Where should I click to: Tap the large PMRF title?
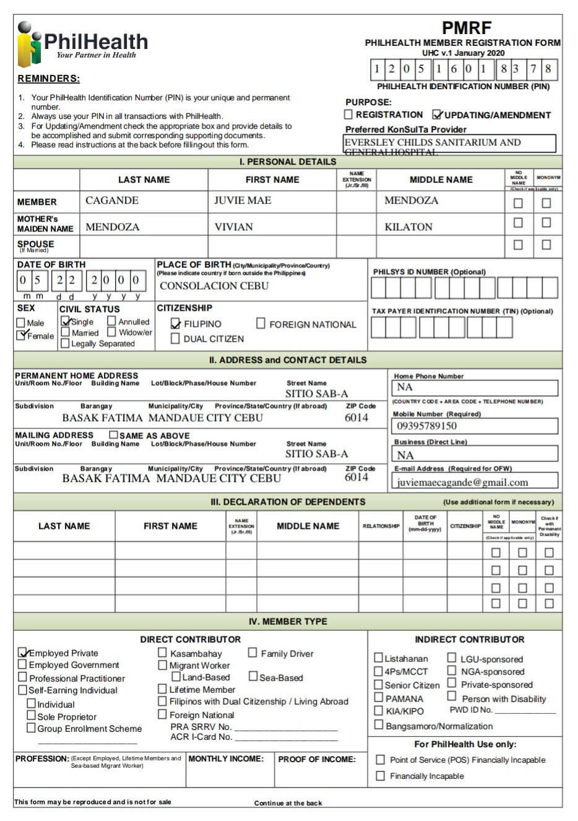tap(466, 28)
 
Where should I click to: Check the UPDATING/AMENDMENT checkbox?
tap(438, 115)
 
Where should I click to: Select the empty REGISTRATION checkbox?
tap(348, 115)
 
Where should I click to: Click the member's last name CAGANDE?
tap(112, 201)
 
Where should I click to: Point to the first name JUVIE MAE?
tap(243, 201)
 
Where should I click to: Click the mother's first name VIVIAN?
tap(233, 227)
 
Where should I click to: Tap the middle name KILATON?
tap(408, 227)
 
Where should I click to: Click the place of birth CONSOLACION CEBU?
tap(214, 286)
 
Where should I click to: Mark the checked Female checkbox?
tap(22, 336)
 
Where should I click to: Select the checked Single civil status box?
tap(65, 321)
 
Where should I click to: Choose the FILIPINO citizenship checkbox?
tap(175, 324)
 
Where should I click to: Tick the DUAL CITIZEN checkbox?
tap(175, 339)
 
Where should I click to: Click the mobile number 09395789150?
tap(427, 426)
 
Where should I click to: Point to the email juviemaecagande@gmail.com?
tap(462, 482)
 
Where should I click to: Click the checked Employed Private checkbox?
tap(23, 653)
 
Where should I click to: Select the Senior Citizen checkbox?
tap(378, 685)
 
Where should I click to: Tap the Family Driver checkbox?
tap(252, 653)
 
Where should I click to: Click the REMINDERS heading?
tap(49, 79)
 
